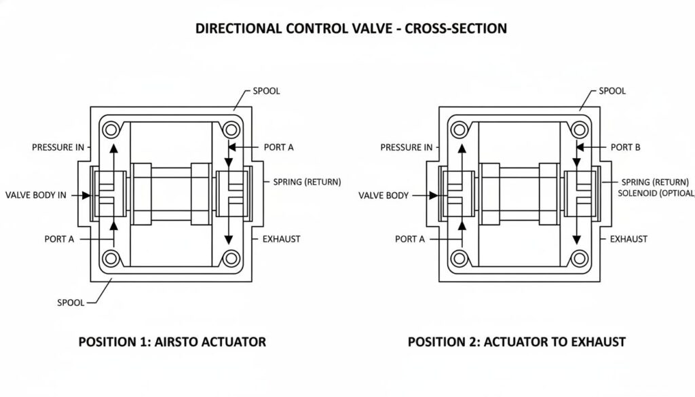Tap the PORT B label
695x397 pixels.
[x=625, y=147]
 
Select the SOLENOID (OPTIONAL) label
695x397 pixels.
[x=656, y=193]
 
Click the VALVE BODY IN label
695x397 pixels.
[x=36, y=195]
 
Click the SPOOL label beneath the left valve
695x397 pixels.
[x=71, y=303]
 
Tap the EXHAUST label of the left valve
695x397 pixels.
[x=282, y=239]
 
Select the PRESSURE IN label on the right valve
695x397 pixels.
[x=406, y=147]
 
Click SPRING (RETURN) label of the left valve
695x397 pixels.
[x=307, y=182]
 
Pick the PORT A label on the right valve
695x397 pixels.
[x=409, y=239]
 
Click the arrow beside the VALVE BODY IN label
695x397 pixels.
[x=82, y=195]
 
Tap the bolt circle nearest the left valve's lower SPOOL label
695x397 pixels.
[x=109, y=258]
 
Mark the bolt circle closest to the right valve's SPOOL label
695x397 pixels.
[x=578, y=128]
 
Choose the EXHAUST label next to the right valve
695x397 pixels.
[x=628, y=239]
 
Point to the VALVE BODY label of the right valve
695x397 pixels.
[x=383, y=195]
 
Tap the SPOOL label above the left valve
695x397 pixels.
[x=266, y=91]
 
